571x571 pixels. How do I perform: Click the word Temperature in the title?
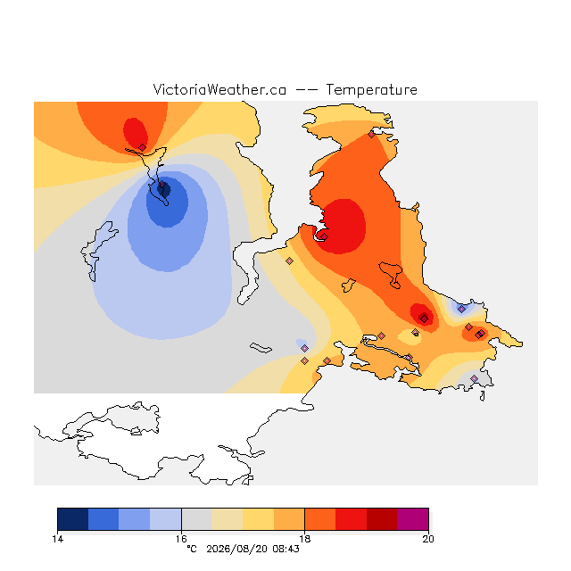pyautogui.click(x=371, y=89)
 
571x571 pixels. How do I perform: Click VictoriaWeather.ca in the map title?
pyautogui.click(x=219, y=89)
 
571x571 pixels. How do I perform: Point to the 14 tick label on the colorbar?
pyautogui.click(x=57, y=539)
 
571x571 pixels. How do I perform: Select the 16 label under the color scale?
pyautogui.click(x=181, y=539)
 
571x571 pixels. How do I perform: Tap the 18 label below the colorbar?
pyautogui.click(x=305, y=539)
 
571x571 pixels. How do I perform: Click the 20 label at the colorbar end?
pyautogui.click(x=428, y=539)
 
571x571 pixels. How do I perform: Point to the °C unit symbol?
pyautogui.click(x=192, y=549)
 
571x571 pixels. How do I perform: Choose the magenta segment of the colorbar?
pyautogui.click(x=412, y=519)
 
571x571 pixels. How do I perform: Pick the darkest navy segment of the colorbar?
pyautogui.click(x=73, y=519)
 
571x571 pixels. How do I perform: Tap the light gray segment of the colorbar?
pyautogui.click(x=196, y=519)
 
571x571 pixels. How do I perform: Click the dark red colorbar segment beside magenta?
pyautogui.click(x=382, y=519)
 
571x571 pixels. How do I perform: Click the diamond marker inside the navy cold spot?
pyautogui.click(x=162, y=185)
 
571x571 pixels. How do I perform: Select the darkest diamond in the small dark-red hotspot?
pyautogui.click(x=424, y=319)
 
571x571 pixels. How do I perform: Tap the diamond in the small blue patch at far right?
pyautogui.click(x=461, y=310)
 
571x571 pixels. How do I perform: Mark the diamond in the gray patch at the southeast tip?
pyautogui.click(x=474, y=378)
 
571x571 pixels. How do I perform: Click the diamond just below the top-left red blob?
pyautogui.click(x=143, y=147)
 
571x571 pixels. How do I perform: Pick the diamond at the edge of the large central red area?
pyautogui.click(x=325, y=236)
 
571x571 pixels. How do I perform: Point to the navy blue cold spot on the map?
pyautogui.click(x=164, y=190)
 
